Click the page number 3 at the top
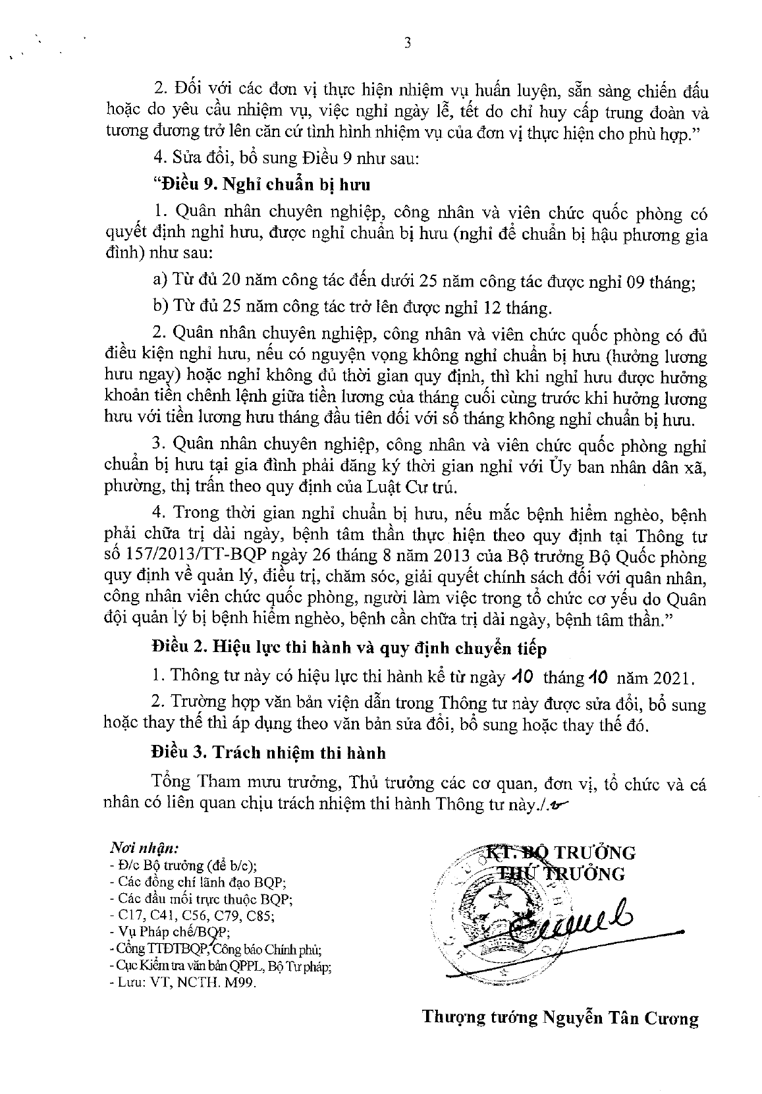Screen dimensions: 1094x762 click(x=406, y=43)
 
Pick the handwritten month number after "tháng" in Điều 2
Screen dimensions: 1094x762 click(x=599, y=676)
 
